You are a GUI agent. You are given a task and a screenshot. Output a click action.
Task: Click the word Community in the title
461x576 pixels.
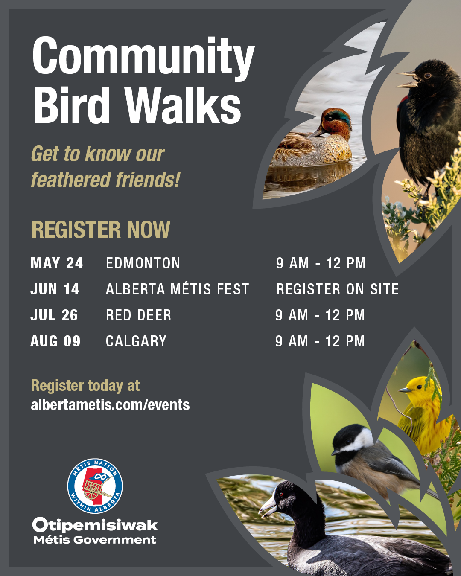(x=143, y=56)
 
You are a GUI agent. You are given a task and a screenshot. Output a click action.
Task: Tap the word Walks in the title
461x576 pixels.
(x=184, y=105)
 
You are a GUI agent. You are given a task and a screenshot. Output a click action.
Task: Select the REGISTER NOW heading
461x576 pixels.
(x=101, y=230)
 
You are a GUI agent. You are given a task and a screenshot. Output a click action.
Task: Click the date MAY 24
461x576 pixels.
(x=57, y=263)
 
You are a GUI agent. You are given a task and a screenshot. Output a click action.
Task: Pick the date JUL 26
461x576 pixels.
(x=54, y=315)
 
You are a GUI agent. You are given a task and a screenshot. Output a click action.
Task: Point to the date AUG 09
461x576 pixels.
(x=55, y=341)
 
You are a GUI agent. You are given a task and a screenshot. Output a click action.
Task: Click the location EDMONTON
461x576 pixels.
(x=143, y=263)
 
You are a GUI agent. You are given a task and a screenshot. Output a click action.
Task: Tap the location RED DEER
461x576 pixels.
(x=139, y=315)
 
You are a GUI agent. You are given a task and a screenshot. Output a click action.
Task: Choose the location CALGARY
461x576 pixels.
(x=136, y=341)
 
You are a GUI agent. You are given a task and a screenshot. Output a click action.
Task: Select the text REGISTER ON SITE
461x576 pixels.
(x=337, y=289)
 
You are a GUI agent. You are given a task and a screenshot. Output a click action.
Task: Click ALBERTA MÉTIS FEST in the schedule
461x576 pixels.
(x=177, y=289)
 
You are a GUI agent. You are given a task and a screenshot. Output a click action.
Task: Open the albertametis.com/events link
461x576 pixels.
(x=110, y=404)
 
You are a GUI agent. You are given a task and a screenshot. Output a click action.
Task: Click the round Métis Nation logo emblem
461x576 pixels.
(x=95, y=486)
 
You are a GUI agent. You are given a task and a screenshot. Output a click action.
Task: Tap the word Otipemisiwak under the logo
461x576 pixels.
(x=95, y=525)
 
